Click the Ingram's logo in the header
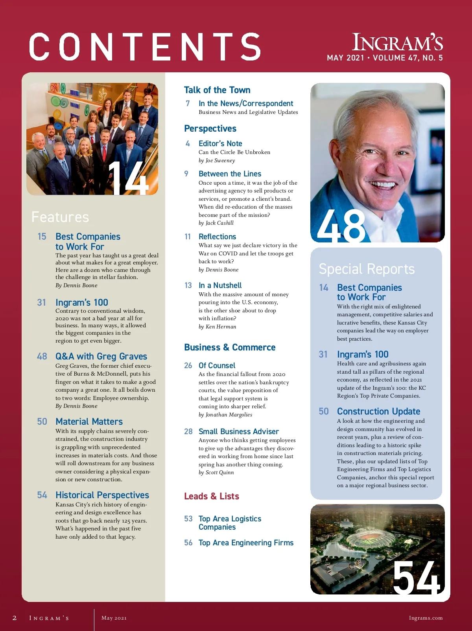[x=397, y=42]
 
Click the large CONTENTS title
[x=145, y=47]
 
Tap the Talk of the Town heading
[x=217, y=90]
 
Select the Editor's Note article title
[x=220, y=143]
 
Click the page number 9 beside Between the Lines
[x=186, y=174]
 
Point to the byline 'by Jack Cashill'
[x=216, y=223]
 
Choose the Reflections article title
[x=217, y=237]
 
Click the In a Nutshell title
[x=220, y=285]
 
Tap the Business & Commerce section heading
[x=230, y=347]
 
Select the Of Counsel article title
[x=217, y=365]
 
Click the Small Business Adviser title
[x=238, y=431]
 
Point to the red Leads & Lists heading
[x=212, y=496]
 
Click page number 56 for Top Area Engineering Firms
[x=188, y=543]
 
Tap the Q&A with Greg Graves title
[x=101, y=356]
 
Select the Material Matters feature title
[x=89, y=422]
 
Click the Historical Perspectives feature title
[x=102, y=495]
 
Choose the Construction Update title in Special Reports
[x=378, y=411]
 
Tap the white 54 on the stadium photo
[x=416, y=577]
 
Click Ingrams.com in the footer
[x=426, y=618]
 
